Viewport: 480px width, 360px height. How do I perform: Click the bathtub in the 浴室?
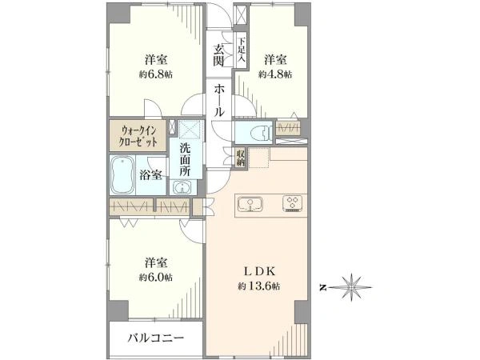[x=122, y=175]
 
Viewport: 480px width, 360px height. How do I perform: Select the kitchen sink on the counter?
[x=250, y=204]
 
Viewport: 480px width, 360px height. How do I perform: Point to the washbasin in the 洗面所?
[x=182, y=186]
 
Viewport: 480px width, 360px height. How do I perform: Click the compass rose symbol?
[x=351, y=287]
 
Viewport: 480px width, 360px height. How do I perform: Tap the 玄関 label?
[x=218, y=55]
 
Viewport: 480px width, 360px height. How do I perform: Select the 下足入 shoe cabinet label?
[x=242, y=50]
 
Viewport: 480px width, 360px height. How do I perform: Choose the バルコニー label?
[x=156, y=338]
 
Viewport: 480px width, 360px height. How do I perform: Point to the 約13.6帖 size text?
[x=258, y=286]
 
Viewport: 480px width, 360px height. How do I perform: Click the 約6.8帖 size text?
[x=156, y=74]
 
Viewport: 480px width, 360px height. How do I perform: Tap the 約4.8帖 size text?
[x=275, y=74]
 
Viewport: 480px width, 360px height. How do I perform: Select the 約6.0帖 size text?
[x=156, y=277]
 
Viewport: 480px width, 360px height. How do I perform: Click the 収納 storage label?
[x=241, y=158]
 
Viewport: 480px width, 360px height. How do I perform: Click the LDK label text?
[x=260, y=271]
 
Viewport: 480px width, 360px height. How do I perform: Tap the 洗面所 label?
[x=185, y=159]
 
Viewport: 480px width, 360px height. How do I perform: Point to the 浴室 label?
[x=150, y=174]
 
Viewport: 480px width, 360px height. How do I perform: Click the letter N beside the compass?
[x=322, y=287]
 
